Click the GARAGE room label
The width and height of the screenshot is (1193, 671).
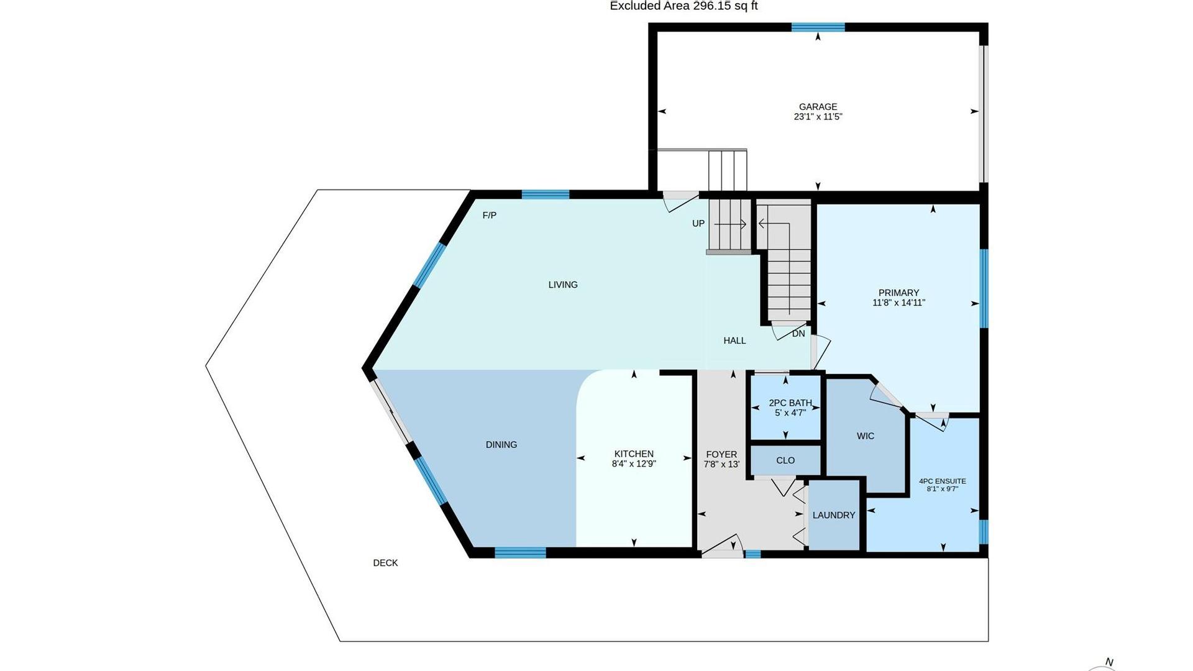pyautogui.click(x=818, y=107)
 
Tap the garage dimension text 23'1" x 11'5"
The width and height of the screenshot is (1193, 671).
pyautogui.click(x=818, y=117)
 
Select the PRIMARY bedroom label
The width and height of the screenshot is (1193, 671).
pyautogui.click(x=898, y=293)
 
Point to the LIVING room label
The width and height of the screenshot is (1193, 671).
pyautogui.click(x=563, y=285)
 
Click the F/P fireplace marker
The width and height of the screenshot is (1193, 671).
pyautogui.click(x=490, y=216)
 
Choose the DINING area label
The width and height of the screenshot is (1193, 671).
pyautogui.click(x=501, y=445)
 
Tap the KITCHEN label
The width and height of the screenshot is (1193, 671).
pyautogui.click(x=634, y=454)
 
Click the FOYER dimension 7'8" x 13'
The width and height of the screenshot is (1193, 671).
pyautogui.click(x=721, y=464)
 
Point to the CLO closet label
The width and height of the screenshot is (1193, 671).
pyautogui.click(x=785, y=460)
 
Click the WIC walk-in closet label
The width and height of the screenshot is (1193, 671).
pyautogui.click(x=866, y=436)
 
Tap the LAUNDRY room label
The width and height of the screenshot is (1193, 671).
pyautogui.click(x=834, y=515)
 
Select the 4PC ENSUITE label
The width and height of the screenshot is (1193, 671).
pyautogui.click(x=943, y=481)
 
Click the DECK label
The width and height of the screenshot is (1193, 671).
pyautogui.click(x=385, y=563)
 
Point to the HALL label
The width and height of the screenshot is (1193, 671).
pyautogui.click(x=734, y=340)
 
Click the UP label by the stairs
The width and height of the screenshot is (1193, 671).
pyautogui.click(x=698, y=224)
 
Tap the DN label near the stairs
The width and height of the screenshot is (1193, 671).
pyautogui.click(x=798, y=334)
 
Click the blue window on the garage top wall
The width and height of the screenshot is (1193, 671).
pyautogui.click(x=818, y=27)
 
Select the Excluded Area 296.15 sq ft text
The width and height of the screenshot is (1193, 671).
pyautogui.click(x=683, y=6)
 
